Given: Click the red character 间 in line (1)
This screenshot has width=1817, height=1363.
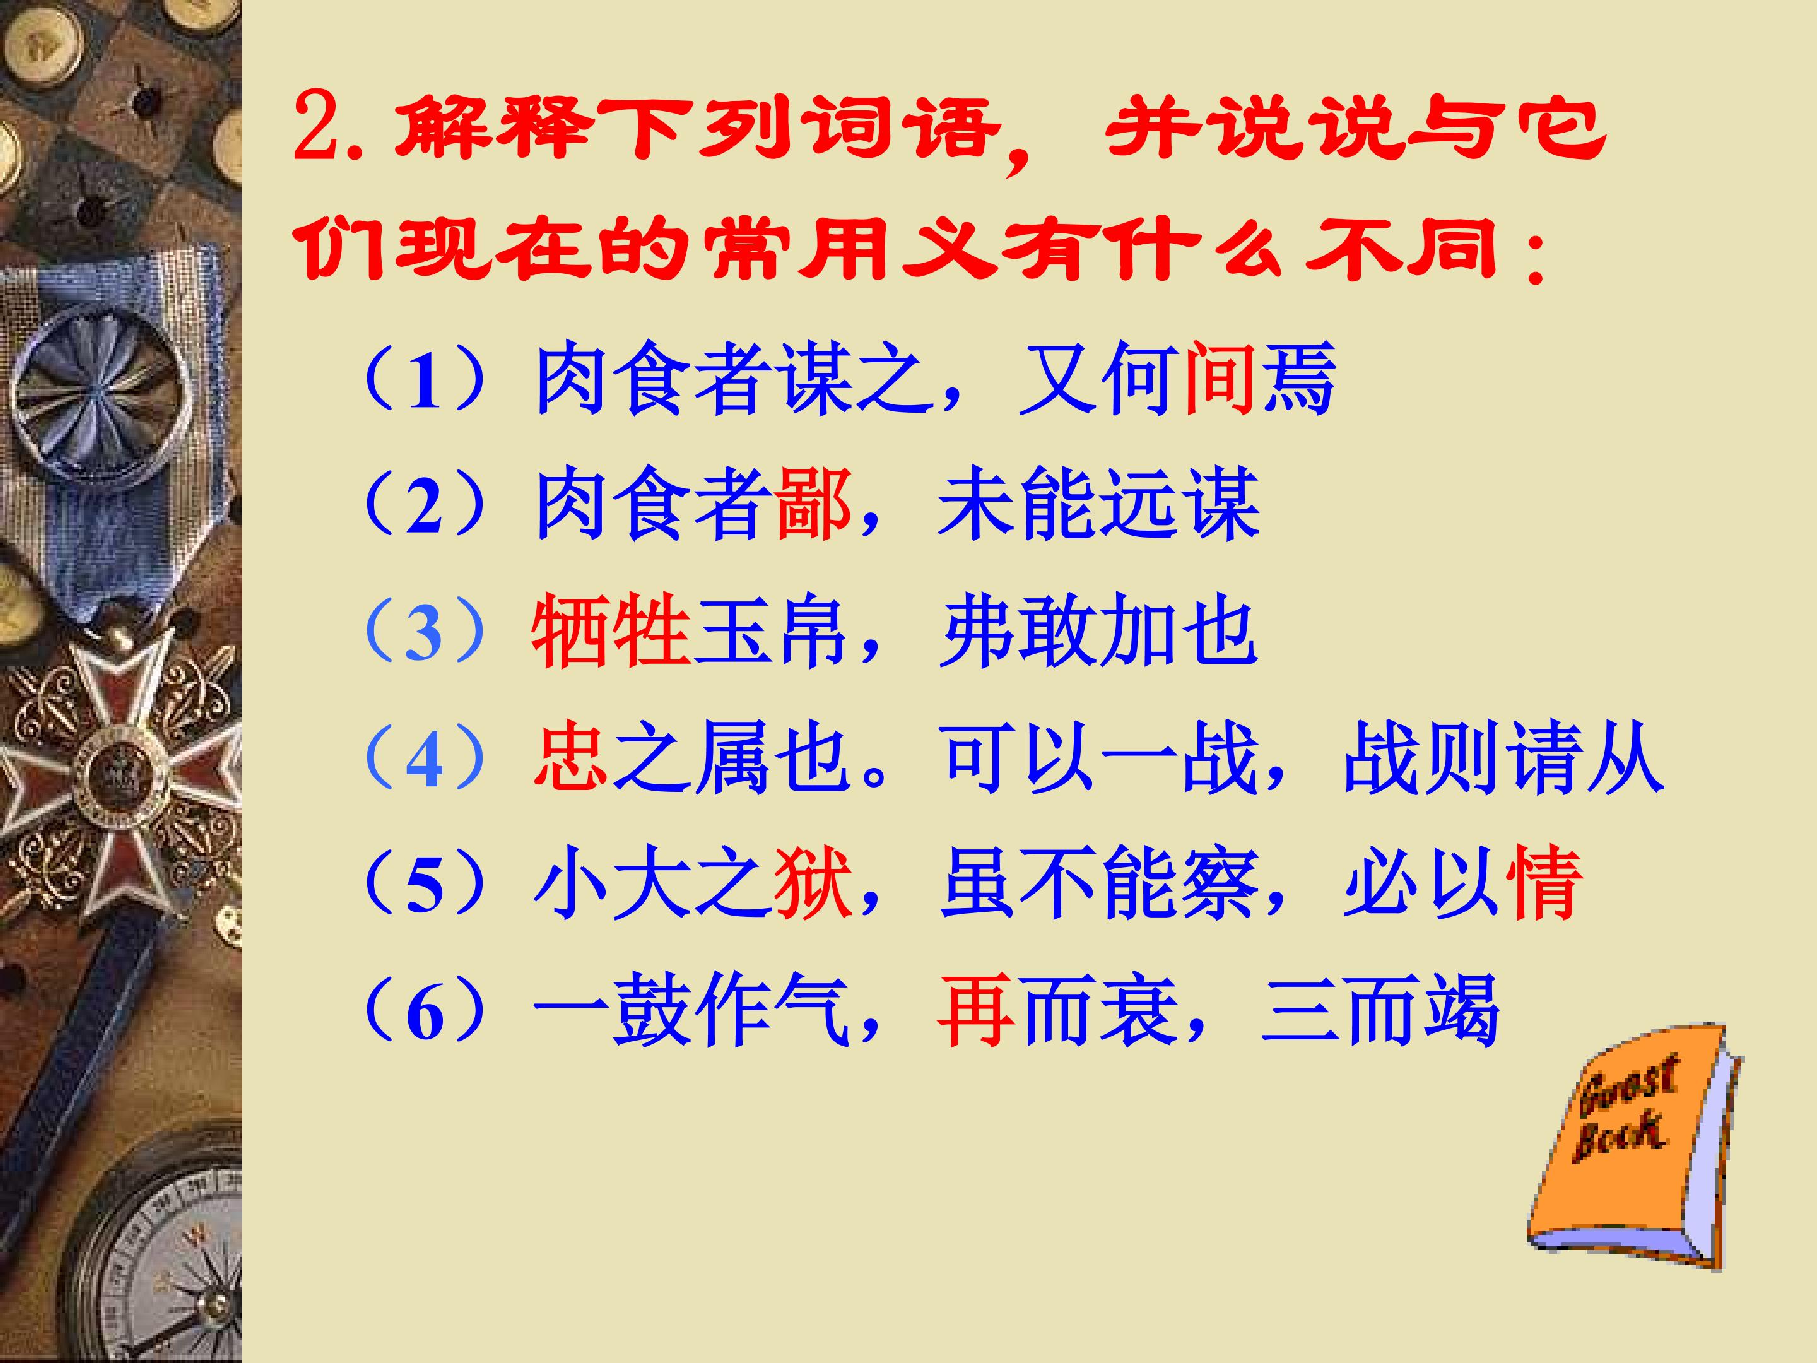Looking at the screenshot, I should (x=1220, y=379).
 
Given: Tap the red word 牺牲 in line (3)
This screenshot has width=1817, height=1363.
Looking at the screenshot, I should (x=610, y=631).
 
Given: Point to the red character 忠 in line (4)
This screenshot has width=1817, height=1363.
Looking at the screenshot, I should (x=571, y=757).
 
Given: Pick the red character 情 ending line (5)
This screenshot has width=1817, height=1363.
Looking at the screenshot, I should (x=1542, y=883).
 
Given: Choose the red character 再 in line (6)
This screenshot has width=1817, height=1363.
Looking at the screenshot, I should (x=975, y=1010).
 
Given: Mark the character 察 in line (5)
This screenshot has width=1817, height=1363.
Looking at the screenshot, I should (x=1219, y=883).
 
